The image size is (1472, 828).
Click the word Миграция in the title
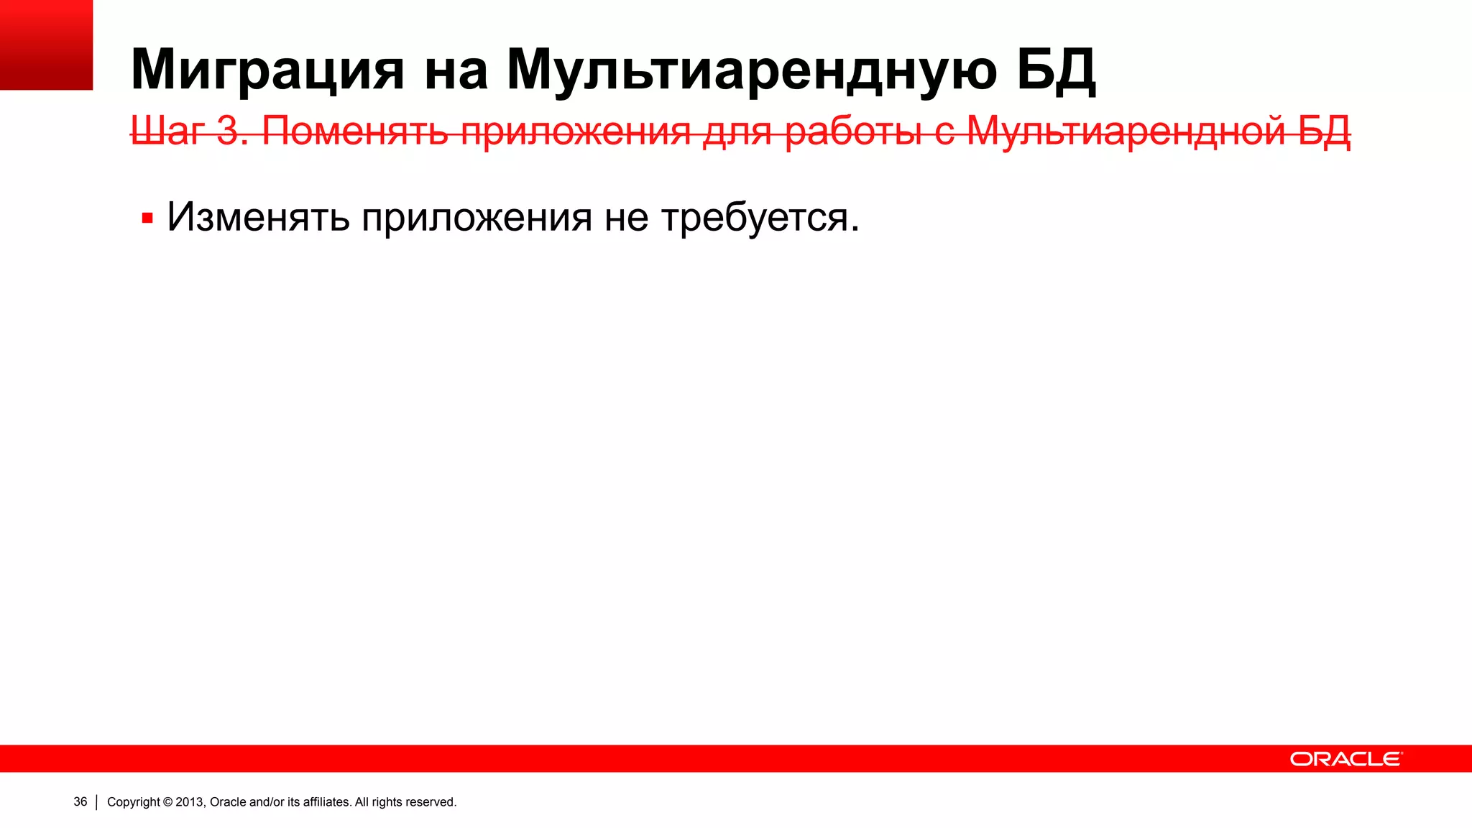point(267,70)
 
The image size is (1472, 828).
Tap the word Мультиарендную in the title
point(752,70)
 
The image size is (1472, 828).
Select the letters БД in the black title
point(1056,70)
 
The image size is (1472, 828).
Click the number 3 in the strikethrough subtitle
point(229,132)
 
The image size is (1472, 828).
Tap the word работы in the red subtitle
point(854,132)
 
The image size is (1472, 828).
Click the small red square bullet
point(147,218)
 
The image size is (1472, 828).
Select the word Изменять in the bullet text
point(258,216)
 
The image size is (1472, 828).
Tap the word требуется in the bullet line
point(754,218)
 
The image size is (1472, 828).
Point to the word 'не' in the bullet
point(626,218)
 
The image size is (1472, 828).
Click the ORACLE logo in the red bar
point(1345,759)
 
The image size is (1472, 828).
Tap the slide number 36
point(80,802)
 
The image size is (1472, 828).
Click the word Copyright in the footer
point(134,802)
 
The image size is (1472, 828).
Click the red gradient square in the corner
point(46,45)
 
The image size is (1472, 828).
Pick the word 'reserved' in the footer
point(430,802)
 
